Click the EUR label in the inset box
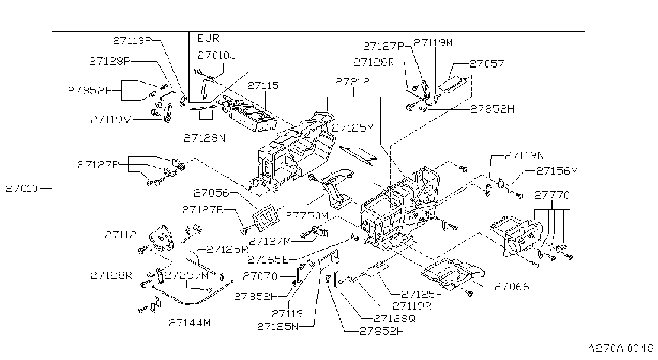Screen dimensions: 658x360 [x=208, y=38]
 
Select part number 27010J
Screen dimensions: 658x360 [x=217, y=55]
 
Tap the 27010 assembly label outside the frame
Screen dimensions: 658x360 [x=22, y=189]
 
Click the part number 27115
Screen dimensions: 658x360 [x=263, y=86]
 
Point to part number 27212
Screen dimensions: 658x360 [x=352, y=82]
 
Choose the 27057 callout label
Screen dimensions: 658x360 [x=487, y=64]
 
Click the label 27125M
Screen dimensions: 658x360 [x=353, y=128]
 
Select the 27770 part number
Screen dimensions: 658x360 [x=551, y=196]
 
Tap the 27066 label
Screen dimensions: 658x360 [x=512, y=287]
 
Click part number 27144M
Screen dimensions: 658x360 [x=190, y=323]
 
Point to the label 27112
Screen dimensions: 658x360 [x=120, y=235]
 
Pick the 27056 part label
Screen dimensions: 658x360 [x=211, y=193]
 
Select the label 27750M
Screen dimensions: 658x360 [x=307, y=216]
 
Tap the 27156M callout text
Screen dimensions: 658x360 [x=557, y=171]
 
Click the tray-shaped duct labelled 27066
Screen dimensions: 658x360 [x=452, y=273]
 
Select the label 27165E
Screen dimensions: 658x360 [x=268, y=259]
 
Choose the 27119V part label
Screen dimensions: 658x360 [x=111, y=119]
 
